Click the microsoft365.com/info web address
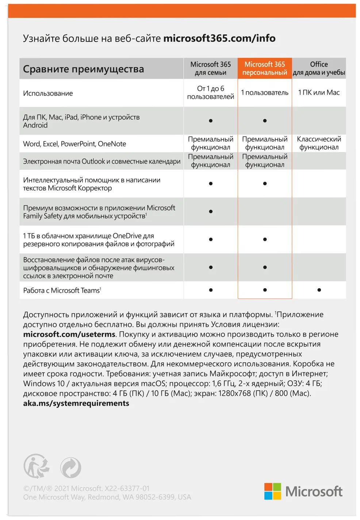click(x=219, y=38)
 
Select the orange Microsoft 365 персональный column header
click(x=265, y=69)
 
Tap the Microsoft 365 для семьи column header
click(x=211, y=69)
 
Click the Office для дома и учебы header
click(x=319, y=69)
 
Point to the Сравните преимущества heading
click(x=84, y=69)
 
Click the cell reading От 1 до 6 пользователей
click(x=211, y=93)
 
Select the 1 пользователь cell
click(x=265, y=93)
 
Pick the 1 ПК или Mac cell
click(x=319, y=93)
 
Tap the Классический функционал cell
click(x=319, y=143)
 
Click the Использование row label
click(x=48, y=93)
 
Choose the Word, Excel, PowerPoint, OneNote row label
click(x=74, y=144)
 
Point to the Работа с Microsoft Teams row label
click(x=62, y=290)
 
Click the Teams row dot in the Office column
click(x=319, y=290)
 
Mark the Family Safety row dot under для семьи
click(x=211, y=212)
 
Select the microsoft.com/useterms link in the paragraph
click(x=69, y=334)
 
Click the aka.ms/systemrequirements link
click(x=76, y=403)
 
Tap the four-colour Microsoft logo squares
click(x=273, y=491)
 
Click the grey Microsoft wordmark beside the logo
click(x=314, y=492)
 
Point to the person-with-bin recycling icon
click(x=37, y=466)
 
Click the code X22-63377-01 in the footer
click(x=127, y=488)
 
